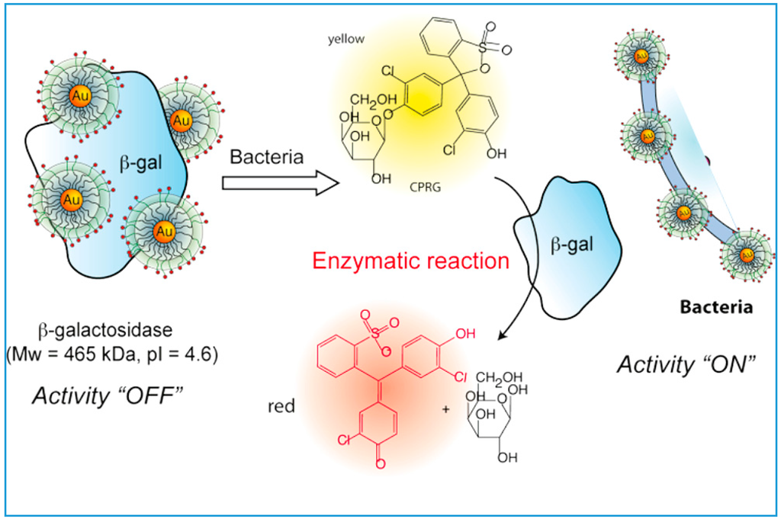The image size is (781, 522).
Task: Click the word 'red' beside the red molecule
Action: pyautogui.click(x=281, y=405)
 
